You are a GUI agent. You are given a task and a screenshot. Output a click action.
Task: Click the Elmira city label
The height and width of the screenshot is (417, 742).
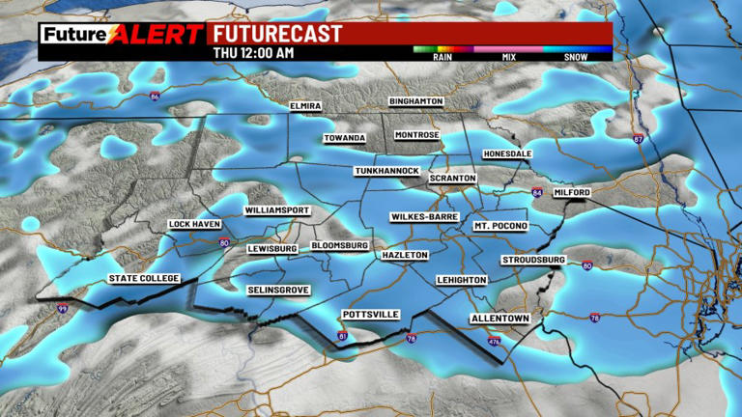click(x=304, y=106)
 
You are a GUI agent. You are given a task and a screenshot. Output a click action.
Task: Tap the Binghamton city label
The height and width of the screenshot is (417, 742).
click(x=415, y=101)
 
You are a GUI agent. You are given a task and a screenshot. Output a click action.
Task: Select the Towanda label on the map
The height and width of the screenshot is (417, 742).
click(x=345, y=138)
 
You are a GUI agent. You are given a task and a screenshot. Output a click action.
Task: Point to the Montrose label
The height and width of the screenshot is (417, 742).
click(x=417, y=135)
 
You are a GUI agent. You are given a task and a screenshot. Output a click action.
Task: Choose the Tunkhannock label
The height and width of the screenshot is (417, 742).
click(x=386, y=171)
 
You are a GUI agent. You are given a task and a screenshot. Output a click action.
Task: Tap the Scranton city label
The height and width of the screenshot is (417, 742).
click(x=453, y=180)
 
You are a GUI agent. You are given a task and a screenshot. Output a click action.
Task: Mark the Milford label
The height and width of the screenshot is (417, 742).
click(x=571, y=192)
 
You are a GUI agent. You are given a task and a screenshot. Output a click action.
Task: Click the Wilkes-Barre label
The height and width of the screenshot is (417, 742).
click(x=424, y=217)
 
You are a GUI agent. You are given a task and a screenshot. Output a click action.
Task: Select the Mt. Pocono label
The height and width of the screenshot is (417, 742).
click(x=500, y=226)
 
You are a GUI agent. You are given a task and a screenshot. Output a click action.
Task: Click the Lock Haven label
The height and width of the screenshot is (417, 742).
click(x=195, y=225)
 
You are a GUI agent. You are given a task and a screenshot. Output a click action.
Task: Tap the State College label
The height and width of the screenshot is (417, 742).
click(x=143, y=279)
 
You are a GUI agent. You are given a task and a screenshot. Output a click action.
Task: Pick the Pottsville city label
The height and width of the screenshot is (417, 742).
click(x=371, y=315)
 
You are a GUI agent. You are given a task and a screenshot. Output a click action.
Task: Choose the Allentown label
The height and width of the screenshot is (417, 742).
click(x=497, y=318)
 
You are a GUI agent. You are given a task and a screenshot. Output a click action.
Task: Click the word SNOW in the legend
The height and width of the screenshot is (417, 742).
click(x=576, y=57)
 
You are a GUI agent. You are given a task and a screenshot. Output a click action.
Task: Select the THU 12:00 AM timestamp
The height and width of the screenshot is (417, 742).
click(x=253, y=53)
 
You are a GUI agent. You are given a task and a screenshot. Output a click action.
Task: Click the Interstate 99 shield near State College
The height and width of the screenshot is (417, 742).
click(x=62, y=309)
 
